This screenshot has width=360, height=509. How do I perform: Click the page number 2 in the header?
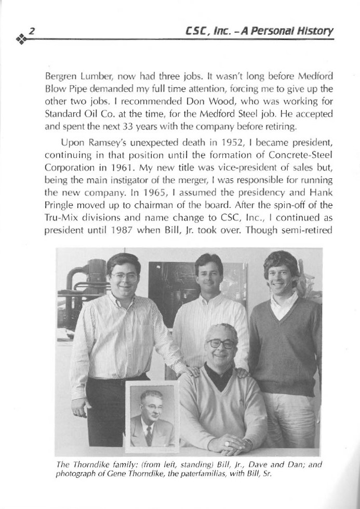31,32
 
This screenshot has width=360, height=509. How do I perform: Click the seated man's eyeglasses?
220,344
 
